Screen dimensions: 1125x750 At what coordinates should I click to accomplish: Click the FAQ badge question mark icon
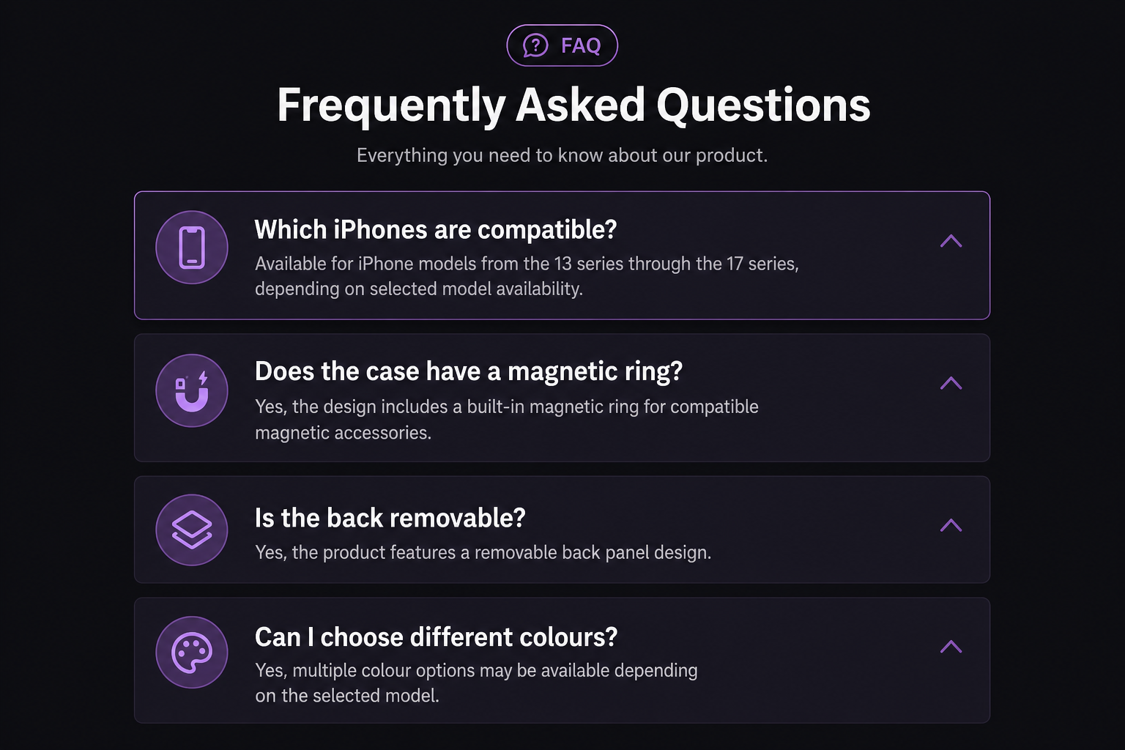pos(535,45)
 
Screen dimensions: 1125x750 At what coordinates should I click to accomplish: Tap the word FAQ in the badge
pos(581,45)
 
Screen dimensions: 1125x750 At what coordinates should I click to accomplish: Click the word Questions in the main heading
pos(763,105)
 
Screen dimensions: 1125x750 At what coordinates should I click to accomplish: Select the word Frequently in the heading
pos(391,106)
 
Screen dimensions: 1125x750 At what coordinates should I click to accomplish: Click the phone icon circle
pos(192,248)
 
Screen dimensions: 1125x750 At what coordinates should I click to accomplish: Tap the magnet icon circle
pos(192,391)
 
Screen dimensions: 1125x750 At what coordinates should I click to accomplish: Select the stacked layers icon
pos(192,530)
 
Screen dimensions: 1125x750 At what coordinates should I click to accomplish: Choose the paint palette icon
pos(192,653)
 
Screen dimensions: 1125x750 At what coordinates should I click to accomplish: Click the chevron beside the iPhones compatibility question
pos(951,241)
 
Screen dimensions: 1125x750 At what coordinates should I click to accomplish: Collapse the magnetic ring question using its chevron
pos(951,383)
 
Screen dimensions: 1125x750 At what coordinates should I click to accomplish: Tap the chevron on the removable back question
pos(951,525)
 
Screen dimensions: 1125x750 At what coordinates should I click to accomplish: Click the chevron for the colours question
pos(951,646)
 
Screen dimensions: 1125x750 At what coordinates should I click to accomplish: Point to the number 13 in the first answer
pos(562,264)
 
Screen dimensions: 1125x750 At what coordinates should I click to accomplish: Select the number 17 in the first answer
pos(735,264)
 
